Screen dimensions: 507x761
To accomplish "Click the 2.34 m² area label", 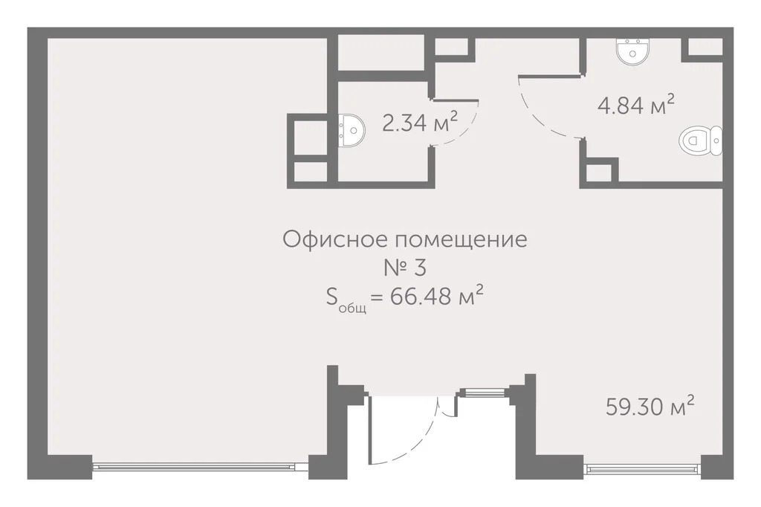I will [418, 123].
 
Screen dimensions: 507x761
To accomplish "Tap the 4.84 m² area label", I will [636, 105].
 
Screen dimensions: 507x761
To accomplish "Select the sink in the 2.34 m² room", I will [352, 130].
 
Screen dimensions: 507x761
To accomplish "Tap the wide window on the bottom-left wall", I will [201, 467].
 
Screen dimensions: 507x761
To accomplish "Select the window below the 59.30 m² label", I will [642, 468].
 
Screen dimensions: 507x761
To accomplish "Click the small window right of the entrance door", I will [482, 392].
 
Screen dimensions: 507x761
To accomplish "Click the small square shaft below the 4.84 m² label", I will [598, 173].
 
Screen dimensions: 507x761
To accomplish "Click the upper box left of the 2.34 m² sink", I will [310, 136].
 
